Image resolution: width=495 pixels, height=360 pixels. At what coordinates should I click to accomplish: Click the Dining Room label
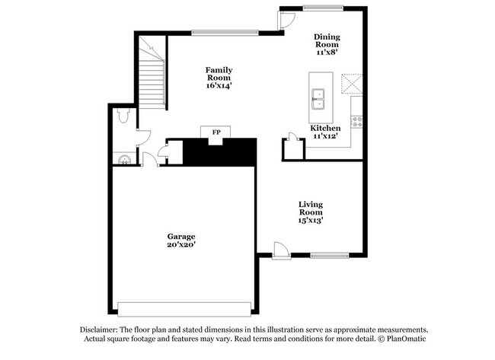(x=327, y=44)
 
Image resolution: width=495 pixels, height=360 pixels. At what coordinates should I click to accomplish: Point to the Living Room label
(x=311, y=212)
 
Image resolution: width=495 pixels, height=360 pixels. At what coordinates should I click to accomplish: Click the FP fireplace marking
(x=216, y=132)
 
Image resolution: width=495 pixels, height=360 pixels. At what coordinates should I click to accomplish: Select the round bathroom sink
(x=123, y=158)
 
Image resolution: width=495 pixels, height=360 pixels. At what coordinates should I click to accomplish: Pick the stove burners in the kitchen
(x=356, y=120)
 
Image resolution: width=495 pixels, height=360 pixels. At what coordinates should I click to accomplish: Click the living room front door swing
(x=280, y=249)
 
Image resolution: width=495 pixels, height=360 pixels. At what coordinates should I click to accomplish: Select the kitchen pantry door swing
(x=291, y=139)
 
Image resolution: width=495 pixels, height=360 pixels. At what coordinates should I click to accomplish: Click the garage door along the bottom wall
(x=184, y=307)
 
